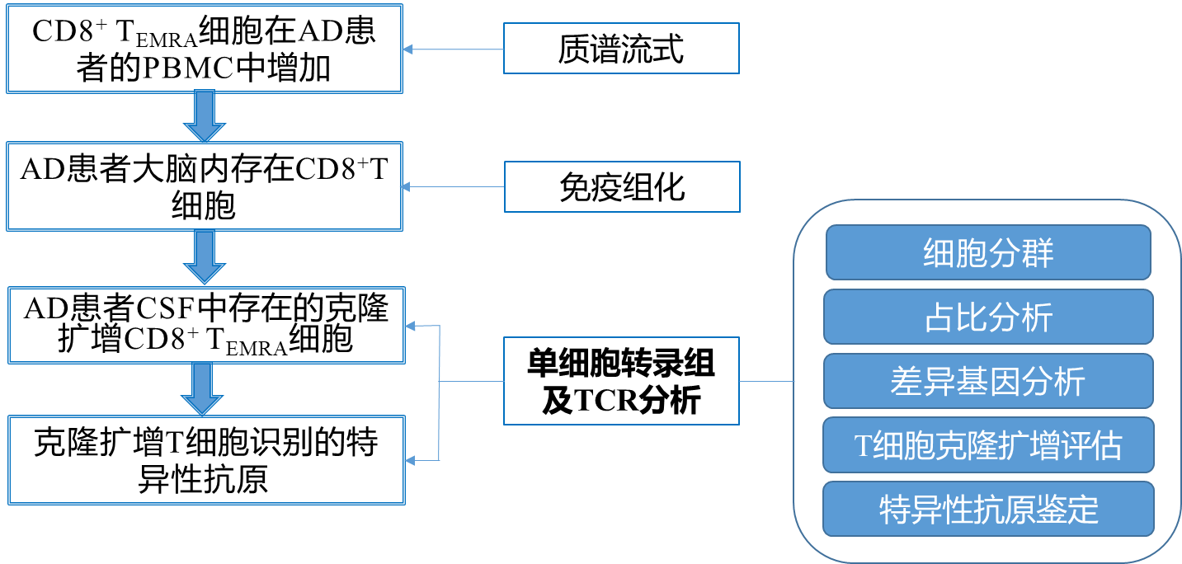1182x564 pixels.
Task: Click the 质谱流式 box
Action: coord(620,49)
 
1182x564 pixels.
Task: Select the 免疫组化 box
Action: coord(621,186)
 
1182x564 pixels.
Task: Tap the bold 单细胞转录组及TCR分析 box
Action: coord(620,381)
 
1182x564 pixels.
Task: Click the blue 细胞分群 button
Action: coord(987,252)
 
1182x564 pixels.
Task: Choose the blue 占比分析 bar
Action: coord(987,317)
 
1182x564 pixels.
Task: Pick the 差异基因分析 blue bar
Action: coord(987,381)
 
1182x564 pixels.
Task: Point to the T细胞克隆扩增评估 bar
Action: coord(987,446)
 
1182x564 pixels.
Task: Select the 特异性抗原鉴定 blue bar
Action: coord(987,510)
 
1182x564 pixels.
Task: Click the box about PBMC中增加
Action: coord(204,49)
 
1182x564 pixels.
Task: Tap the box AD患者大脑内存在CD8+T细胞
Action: coord(204,186)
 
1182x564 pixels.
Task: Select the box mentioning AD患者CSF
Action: coord(205,324)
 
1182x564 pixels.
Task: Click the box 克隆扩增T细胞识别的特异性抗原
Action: coord(205,459)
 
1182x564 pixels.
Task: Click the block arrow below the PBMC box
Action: coord(204,116)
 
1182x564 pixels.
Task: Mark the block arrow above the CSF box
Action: coord(204,256)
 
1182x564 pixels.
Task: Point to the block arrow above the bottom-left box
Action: coord(204,389)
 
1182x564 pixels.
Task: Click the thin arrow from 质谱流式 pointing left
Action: coord(454,49)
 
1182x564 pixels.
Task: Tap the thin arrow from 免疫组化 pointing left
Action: coord(454,187)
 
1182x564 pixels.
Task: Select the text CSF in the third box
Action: coord(163,310)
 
